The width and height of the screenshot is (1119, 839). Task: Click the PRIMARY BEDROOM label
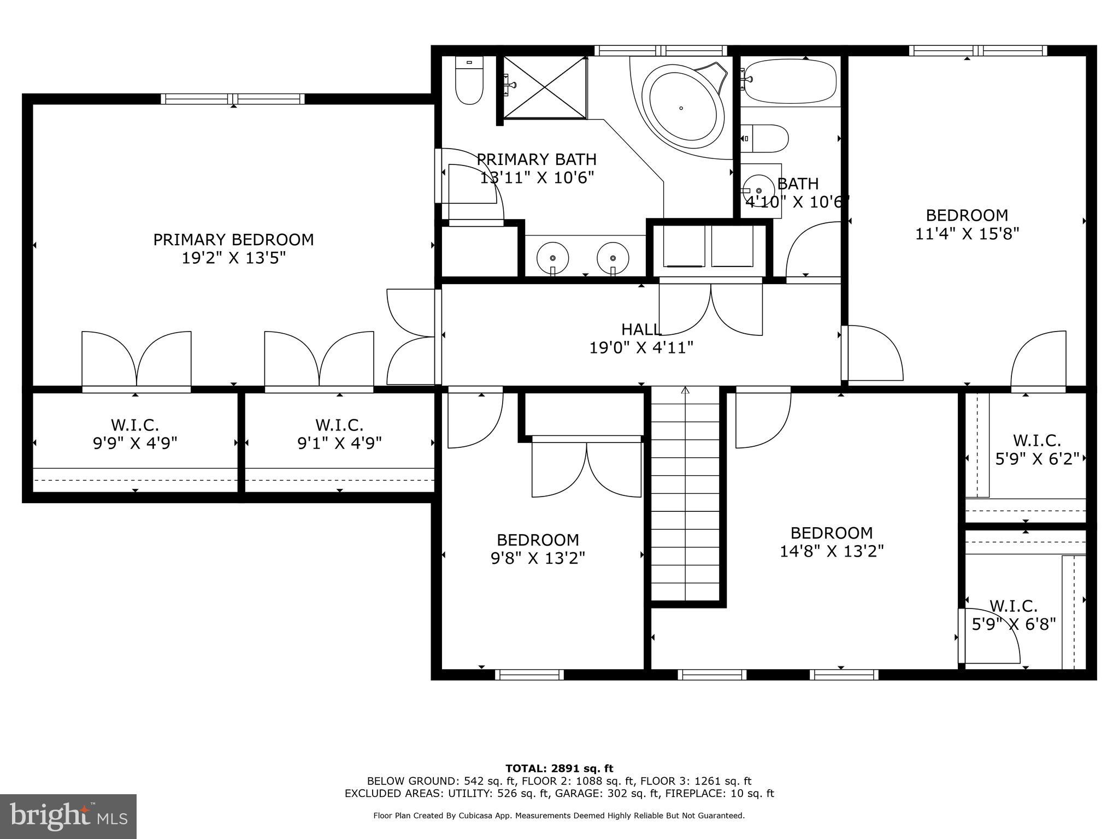tap(233, 249)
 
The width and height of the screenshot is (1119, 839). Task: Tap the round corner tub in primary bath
tap(681, 108)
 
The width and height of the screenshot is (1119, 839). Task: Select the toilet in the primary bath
tap(469, 82)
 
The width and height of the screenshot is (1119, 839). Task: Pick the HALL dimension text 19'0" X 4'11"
tap(641, 347)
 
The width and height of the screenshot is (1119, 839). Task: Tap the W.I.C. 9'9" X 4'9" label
tap(135, 434)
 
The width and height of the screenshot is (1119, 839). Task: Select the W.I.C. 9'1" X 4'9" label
tap(339, 434)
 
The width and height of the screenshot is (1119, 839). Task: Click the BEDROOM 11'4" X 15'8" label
tap(967, 224)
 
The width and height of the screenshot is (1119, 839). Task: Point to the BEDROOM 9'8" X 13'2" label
tap(538, 549)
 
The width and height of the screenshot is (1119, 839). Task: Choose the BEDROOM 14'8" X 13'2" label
tap(831, 542)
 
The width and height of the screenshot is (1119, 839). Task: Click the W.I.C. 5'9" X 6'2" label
tap(1036, 449)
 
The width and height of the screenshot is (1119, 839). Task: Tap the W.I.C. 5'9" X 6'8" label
tap(1013, 615)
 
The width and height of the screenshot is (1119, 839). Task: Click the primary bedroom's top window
tap(233, 99)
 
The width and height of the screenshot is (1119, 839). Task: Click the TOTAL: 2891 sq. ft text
tap(559, 769)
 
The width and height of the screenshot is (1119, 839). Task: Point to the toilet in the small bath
tap(765, 139)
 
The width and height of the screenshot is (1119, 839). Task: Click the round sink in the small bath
tap(758, 190)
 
